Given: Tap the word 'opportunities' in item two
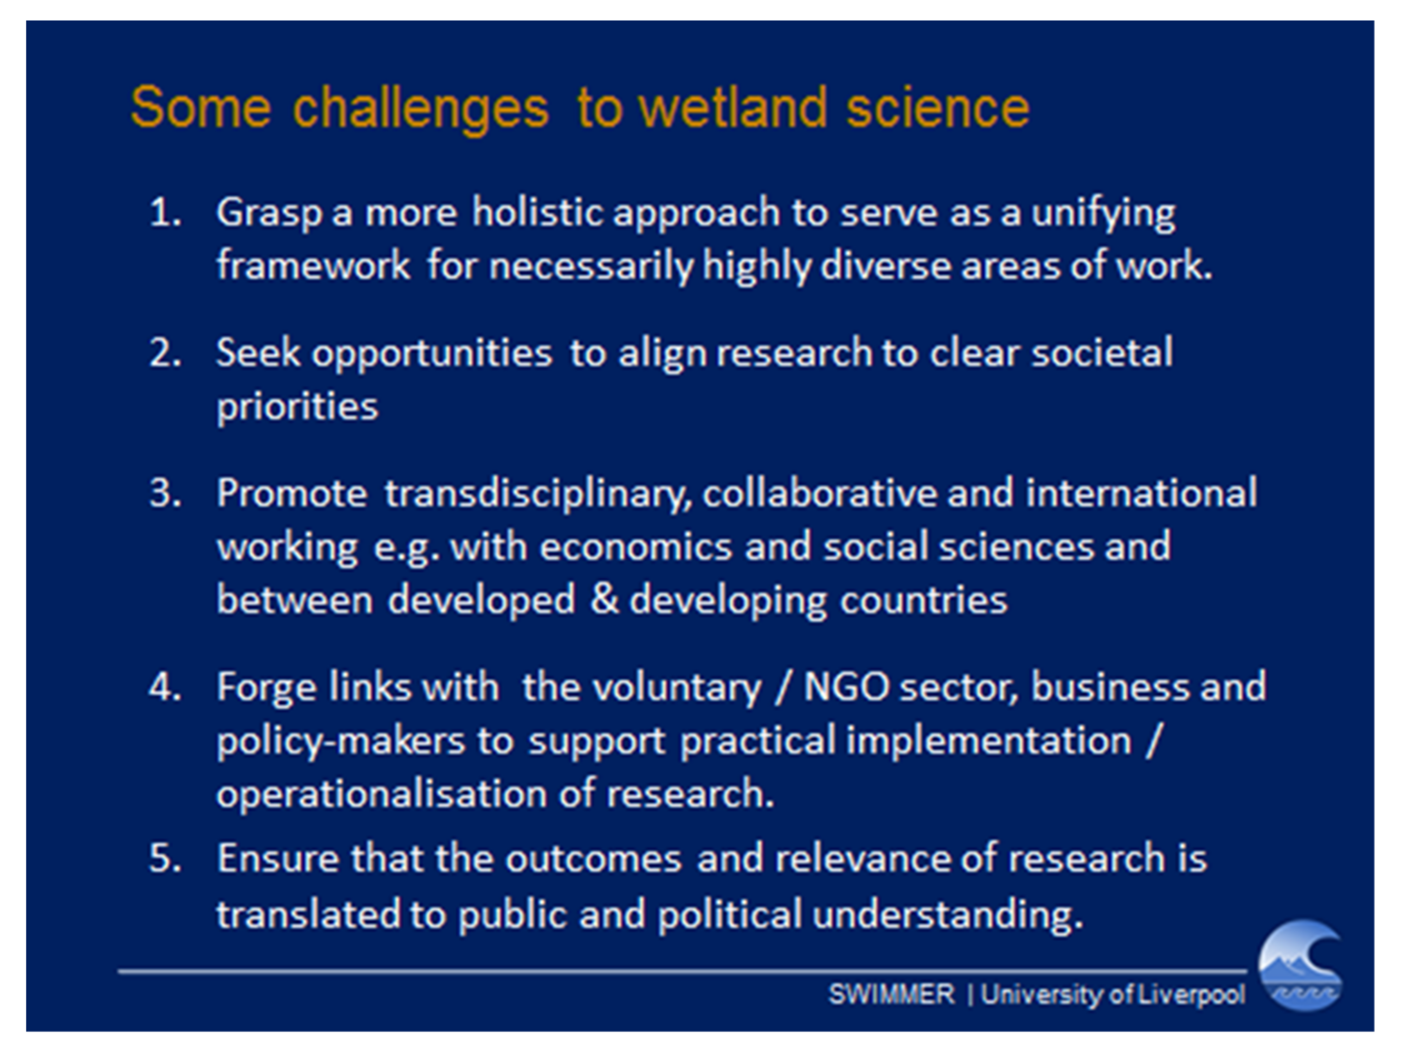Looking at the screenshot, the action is tap(431, 354).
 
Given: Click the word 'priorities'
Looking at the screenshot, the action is tap(298, 407).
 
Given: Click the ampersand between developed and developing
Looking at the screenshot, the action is tap(603, 600).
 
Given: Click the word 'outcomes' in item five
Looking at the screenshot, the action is tap(593, 859).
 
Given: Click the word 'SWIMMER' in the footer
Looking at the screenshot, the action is tap(891, 994).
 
